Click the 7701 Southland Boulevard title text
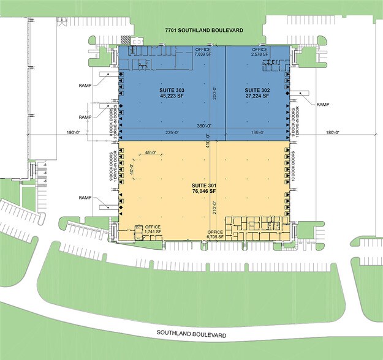pyautogui.click(x=204, y=30)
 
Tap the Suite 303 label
pyautogui.click(x=172, y=93)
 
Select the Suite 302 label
pyautogui.click(x=257, y=93)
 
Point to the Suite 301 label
pyautogui.click(x=204, y=188)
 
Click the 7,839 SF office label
pyautogui.click(x=203, y=52)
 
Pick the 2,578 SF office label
pyautogui.click(x=260, y=52)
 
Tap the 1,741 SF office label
pyautogui.click(x=153, y=229)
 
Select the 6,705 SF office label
pyautogui.click(x=215, y=234)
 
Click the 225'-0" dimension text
pyautogui.click(x=172, y=132)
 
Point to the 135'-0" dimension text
pyautogui.click(x=258, y=132)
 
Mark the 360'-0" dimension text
pyautogui.click(x=204, y=126)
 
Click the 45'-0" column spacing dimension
pyautogui.click(x=151, y=153)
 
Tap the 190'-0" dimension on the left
pyautogui.click(x=74, y=132)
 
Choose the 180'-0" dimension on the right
pyautogui.click(x=333, y=132)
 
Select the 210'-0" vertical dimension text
pyautogui.click(x=214, y=208)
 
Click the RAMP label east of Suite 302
pyautogui.click(x=323, y=105)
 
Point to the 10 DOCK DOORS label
pyautogui.click(x=293, y=166)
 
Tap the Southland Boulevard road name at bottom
pyautogui.click(x=191, y=334)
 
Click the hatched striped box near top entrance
pyautogui.click(x=125, y=40)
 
